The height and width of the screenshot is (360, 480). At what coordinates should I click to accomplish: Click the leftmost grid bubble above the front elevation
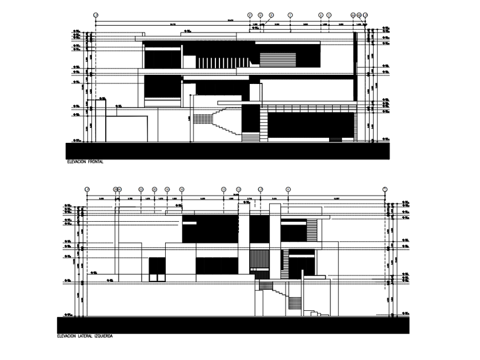click(95, 14)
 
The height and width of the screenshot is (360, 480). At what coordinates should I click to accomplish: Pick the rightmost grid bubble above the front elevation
click(365, 14)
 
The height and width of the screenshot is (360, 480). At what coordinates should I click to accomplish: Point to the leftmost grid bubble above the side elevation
click(87, 189)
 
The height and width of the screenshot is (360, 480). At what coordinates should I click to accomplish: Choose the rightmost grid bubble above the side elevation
click(385, 189)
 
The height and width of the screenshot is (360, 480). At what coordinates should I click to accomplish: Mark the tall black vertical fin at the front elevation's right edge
click(356, 66)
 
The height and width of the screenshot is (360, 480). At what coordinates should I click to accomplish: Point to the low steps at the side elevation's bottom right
click(316, 313)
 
